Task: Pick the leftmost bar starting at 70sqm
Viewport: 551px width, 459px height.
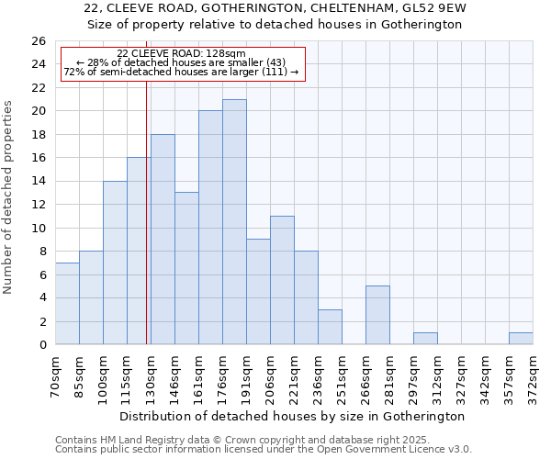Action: pos(67,304)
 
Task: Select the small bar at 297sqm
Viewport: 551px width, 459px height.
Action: pos(425,339)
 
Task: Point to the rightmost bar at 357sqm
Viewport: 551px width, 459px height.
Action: pos(521,339)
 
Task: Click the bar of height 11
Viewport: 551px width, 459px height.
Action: pos(282,280)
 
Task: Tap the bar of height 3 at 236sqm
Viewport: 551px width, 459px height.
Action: pos(330,327)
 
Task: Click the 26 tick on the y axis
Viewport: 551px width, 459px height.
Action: pos(39,41)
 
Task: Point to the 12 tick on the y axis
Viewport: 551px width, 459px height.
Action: pos(39,205)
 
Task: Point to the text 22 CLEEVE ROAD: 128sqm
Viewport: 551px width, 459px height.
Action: pos(181,54)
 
